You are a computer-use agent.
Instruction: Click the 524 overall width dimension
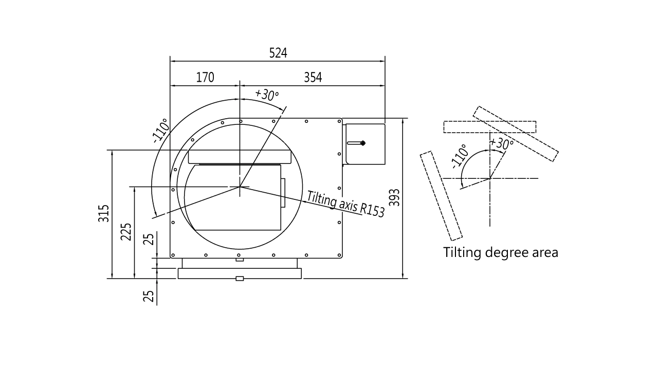tap(278, 52)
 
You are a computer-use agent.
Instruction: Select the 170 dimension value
tap(204, 78)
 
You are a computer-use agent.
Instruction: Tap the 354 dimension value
tap(314, 78)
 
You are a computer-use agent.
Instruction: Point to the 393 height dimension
tap(394, 198)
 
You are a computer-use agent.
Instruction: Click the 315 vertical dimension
tap(102, 213)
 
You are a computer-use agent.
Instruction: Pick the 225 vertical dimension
tap(126, 232)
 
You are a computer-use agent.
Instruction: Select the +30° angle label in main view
tap(267, 95)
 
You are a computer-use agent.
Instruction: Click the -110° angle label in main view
tap(161, 131)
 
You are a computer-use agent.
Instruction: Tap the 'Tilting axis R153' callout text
tap(346, 204)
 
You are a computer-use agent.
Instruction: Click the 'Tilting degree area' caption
tap(501, 253)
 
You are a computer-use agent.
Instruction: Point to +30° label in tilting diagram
tap(501, 143)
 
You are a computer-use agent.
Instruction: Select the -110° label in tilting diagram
tap(460, 155)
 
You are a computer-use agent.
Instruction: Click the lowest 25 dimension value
tap(148, 296)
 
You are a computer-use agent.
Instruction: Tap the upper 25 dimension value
tap(149, 240)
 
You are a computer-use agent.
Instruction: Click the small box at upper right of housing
tap(364, 143)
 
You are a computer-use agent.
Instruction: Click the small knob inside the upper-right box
tap(362, 143)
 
